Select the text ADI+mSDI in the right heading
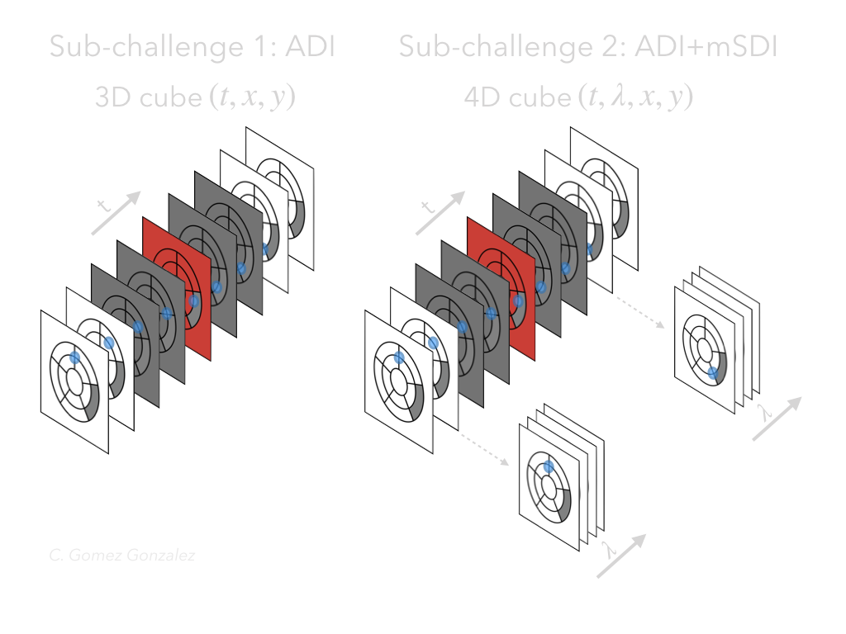(x=707, y=47)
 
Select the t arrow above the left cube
(x=116, y=212)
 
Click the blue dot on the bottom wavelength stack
(x=548, y=468)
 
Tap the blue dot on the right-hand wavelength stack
(x=712, y=373)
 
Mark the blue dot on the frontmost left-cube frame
(x=74, y=357)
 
